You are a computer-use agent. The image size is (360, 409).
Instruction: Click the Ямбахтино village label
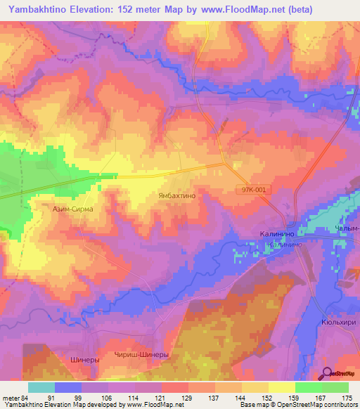click(x=181, y=197)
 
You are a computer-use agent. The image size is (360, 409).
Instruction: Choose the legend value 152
click(x=269, y=397)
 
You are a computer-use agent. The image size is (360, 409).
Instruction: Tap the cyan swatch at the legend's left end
click(x=41, y=387)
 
